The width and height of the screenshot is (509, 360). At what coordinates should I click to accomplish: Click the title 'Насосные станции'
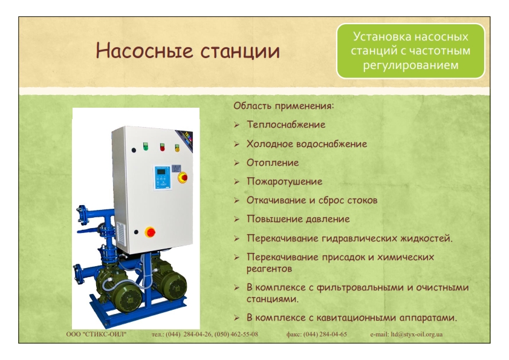(187, 51)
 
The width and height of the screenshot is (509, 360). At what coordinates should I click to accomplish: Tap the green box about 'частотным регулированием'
(410, 51)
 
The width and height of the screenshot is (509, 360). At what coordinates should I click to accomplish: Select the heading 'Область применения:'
(284, 106)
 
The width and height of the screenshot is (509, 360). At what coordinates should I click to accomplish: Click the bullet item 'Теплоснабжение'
(286, 125)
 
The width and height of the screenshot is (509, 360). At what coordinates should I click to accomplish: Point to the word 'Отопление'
(273, 163)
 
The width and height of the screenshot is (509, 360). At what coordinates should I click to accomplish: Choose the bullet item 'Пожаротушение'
(284, 182)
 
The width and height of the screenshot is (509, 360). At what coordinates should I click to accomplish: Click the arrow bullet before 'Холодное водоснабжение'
(236, 144)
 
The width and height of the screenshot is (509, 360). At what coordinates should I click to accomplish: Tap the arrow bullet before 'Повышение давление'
(236, 219)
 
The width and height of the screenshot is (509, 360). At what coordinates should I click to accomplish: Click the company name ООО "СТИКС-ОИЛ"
(96, 335)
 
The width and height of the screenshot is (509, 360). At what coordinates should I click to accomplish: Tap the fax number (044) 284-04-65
(325, 335)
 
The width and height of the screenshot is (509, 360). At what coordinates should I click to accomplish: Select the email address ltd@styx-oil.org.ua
(417, 335)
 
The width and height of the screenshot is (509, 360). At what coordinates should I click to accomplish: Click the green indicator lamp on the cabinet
(146, 146)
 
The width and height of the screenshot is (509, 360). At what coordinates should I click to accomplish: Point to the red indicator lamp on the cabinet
(162, 147)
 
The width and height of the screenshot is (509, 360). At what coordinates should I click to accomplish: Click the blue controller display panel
(162, 177)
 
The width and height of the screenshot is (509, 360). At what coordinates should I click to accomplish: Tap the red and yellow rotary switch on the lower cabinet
(150, 232)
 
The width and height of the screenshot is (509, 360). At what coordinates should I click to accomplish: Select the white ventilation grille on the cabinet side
(121, 234)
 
